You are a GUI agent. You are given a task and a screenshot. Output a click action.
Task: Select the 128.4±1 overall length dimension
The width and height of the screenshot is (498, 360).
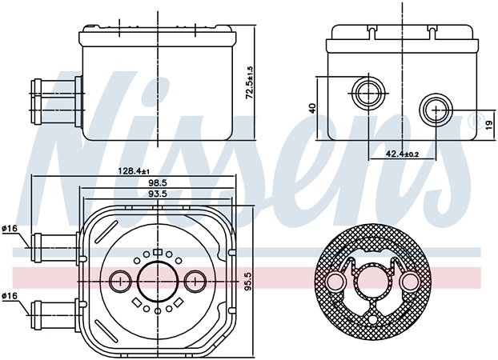pos(134,171)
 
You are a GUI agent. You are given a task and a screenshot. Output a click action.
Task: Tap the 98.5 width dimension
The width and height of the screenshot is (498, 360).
pos(158,183)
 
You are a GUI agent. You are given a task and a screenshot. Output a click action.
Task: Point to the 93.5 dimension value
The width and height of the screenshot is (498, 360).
pos(158,194)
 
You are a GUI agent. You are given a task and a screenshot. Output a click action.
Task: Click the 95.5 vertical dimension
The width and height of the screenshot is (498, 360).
pos(249,280)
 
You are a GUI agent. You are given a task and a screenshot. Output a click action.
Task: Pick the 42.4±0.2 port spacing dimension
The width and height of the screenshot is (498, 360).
pos(402,154)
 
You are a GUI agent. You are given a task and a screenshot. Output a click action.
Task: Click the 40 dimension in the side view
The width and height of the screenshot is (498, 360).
pos(312,108)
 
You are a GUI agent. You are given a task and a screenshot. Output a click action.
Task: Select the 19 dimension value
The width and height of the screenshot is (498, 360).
pos(489,125)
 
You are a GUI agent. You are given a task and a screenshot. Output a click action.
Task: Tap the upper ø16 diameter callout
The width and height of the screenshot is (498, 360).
pos(10,228)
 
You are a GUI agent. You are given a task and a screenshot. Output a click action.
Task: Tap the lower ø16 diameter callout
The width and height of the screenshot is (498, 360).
pos(10,296)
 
